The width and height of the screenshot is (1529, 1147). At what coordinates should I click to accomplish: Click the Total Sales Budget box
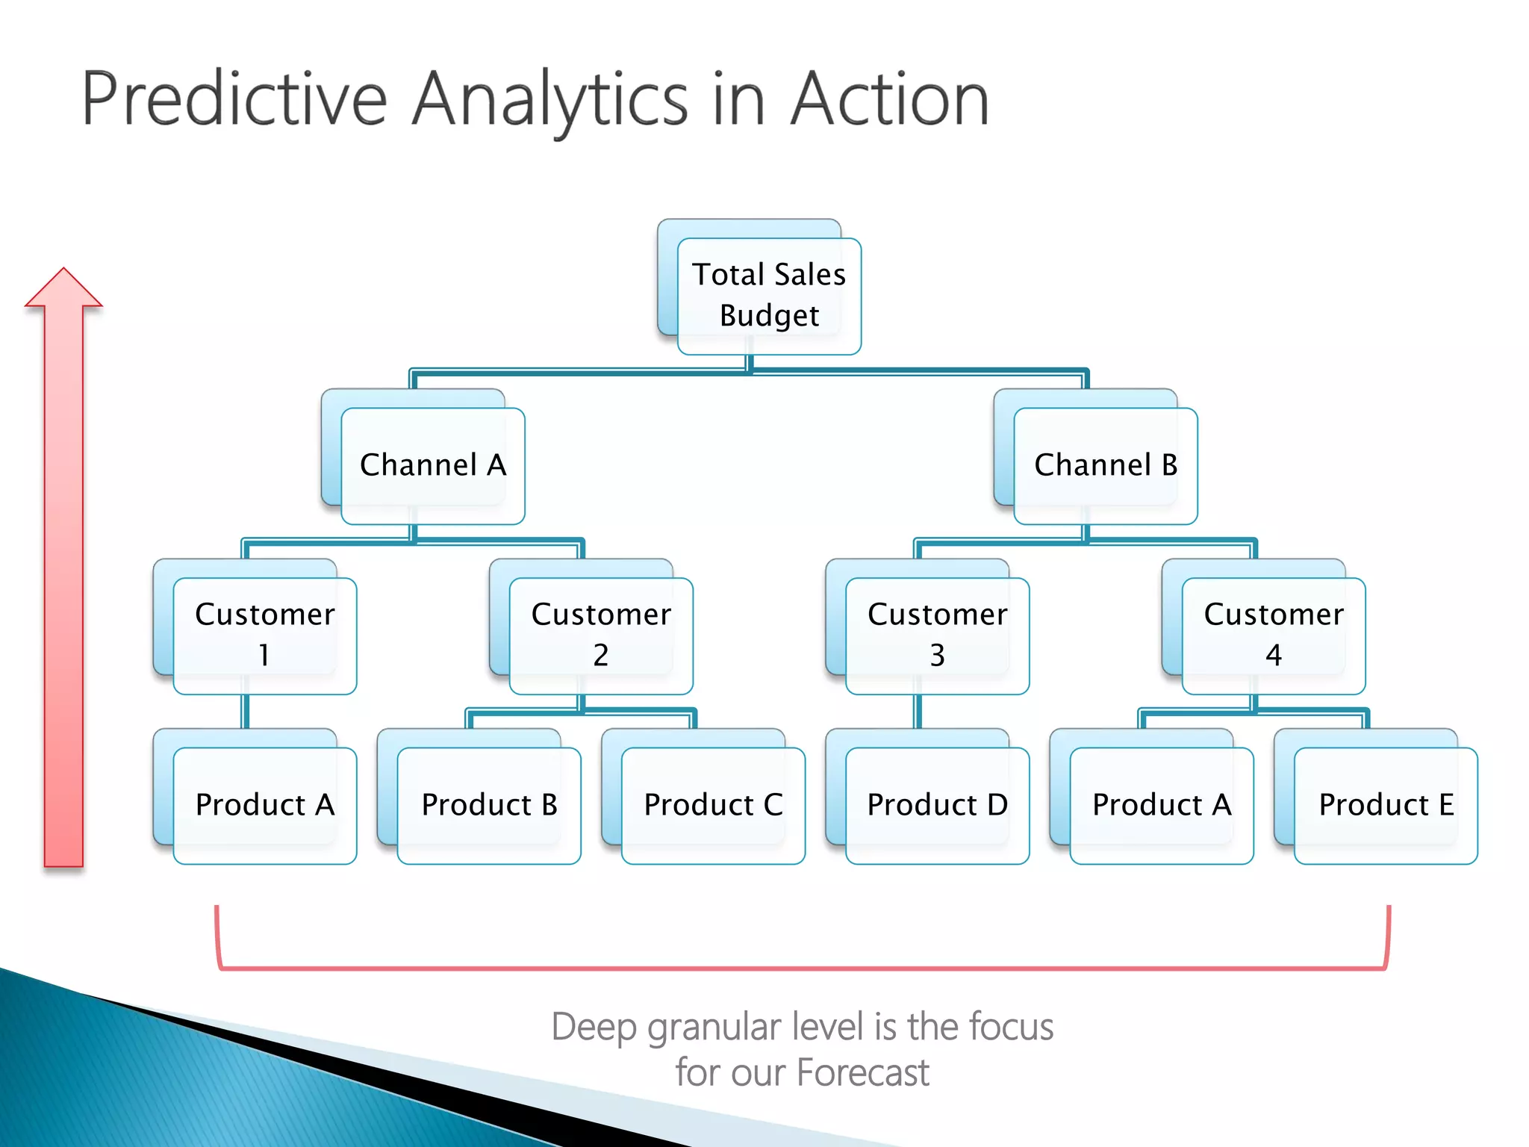[769, 296]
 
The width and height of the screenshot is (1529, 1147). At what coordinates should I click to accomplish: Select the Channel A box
[433, 465]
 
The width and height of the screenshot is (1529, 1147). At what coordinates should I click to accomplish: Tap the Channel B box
[1105, 465]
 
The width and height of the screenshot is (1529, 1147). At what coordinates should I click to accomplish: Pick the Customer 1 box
[264, 635]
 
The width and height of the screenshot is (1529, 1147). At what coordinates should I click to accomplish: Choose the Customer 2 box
[601, 635]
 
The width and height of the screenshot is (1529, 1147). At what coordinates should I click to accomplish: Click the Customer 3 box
[937, 635]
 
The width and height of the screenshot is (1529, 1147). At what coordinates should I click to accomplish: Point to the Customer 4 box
[1274, 635]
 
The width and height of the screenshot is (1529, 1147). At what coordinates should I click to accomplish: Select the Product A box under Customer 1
[264, 805]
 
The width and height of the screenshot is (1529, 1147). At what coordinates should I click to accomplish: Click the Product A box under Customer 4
[1161, 805]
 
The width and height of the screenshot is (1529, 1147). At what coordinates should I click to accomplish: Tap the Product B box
[489, 805]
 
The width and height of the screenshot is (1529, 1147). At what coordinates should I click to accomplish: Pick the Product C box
[713, 805]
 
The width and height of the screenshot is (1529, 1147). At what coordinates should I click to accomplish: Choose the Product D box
[937, 805]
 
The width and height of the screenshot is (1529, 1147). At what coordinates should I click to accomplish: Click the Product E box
[1386, 805]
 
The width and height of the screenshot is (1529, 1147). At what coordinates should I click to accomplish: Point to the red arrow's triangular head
[63, 291]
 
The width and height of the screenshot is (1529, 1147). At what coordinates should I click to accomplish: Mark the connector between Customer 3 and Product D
[918, 712]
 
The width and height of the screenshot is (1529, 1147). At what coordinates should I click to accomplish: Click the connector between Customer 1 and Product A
[245, 712]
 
